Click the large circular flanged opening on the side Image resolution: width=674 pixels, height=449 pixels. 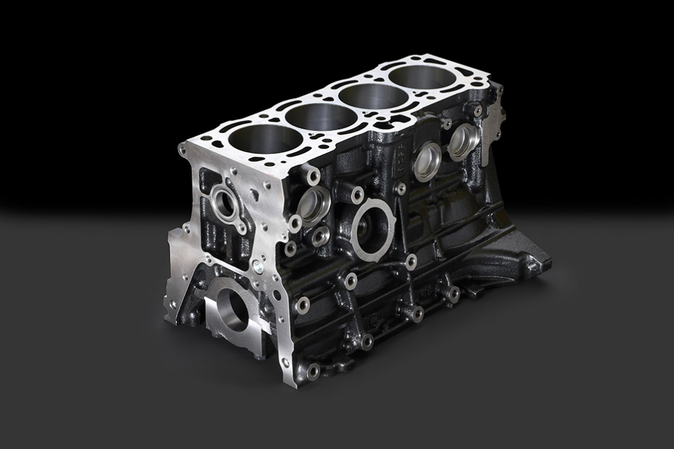click(x=373, y=228)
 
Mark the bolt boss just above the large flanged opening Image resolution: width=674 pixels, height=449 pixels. click(x=357, y=195)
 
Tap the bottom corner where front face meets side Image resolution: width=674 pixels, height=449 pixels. click(x=284, y=364)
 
